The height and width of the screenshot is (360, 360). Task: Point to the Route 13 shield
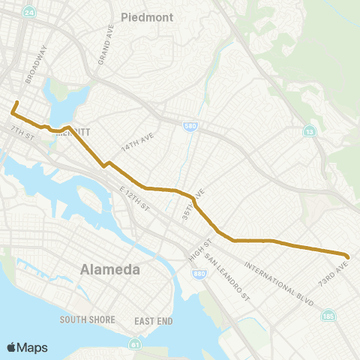tap(309, 132)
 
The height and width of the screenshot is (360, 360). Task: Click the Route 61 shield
tap(134, 344)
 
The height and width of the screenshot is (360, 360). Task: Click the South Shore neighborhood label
tap(87, 319)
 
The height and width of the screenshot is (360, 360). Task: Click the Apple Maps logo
tap(27, 347)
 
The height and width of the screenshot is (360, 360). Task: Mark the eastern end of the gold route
tap(346, 255)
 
